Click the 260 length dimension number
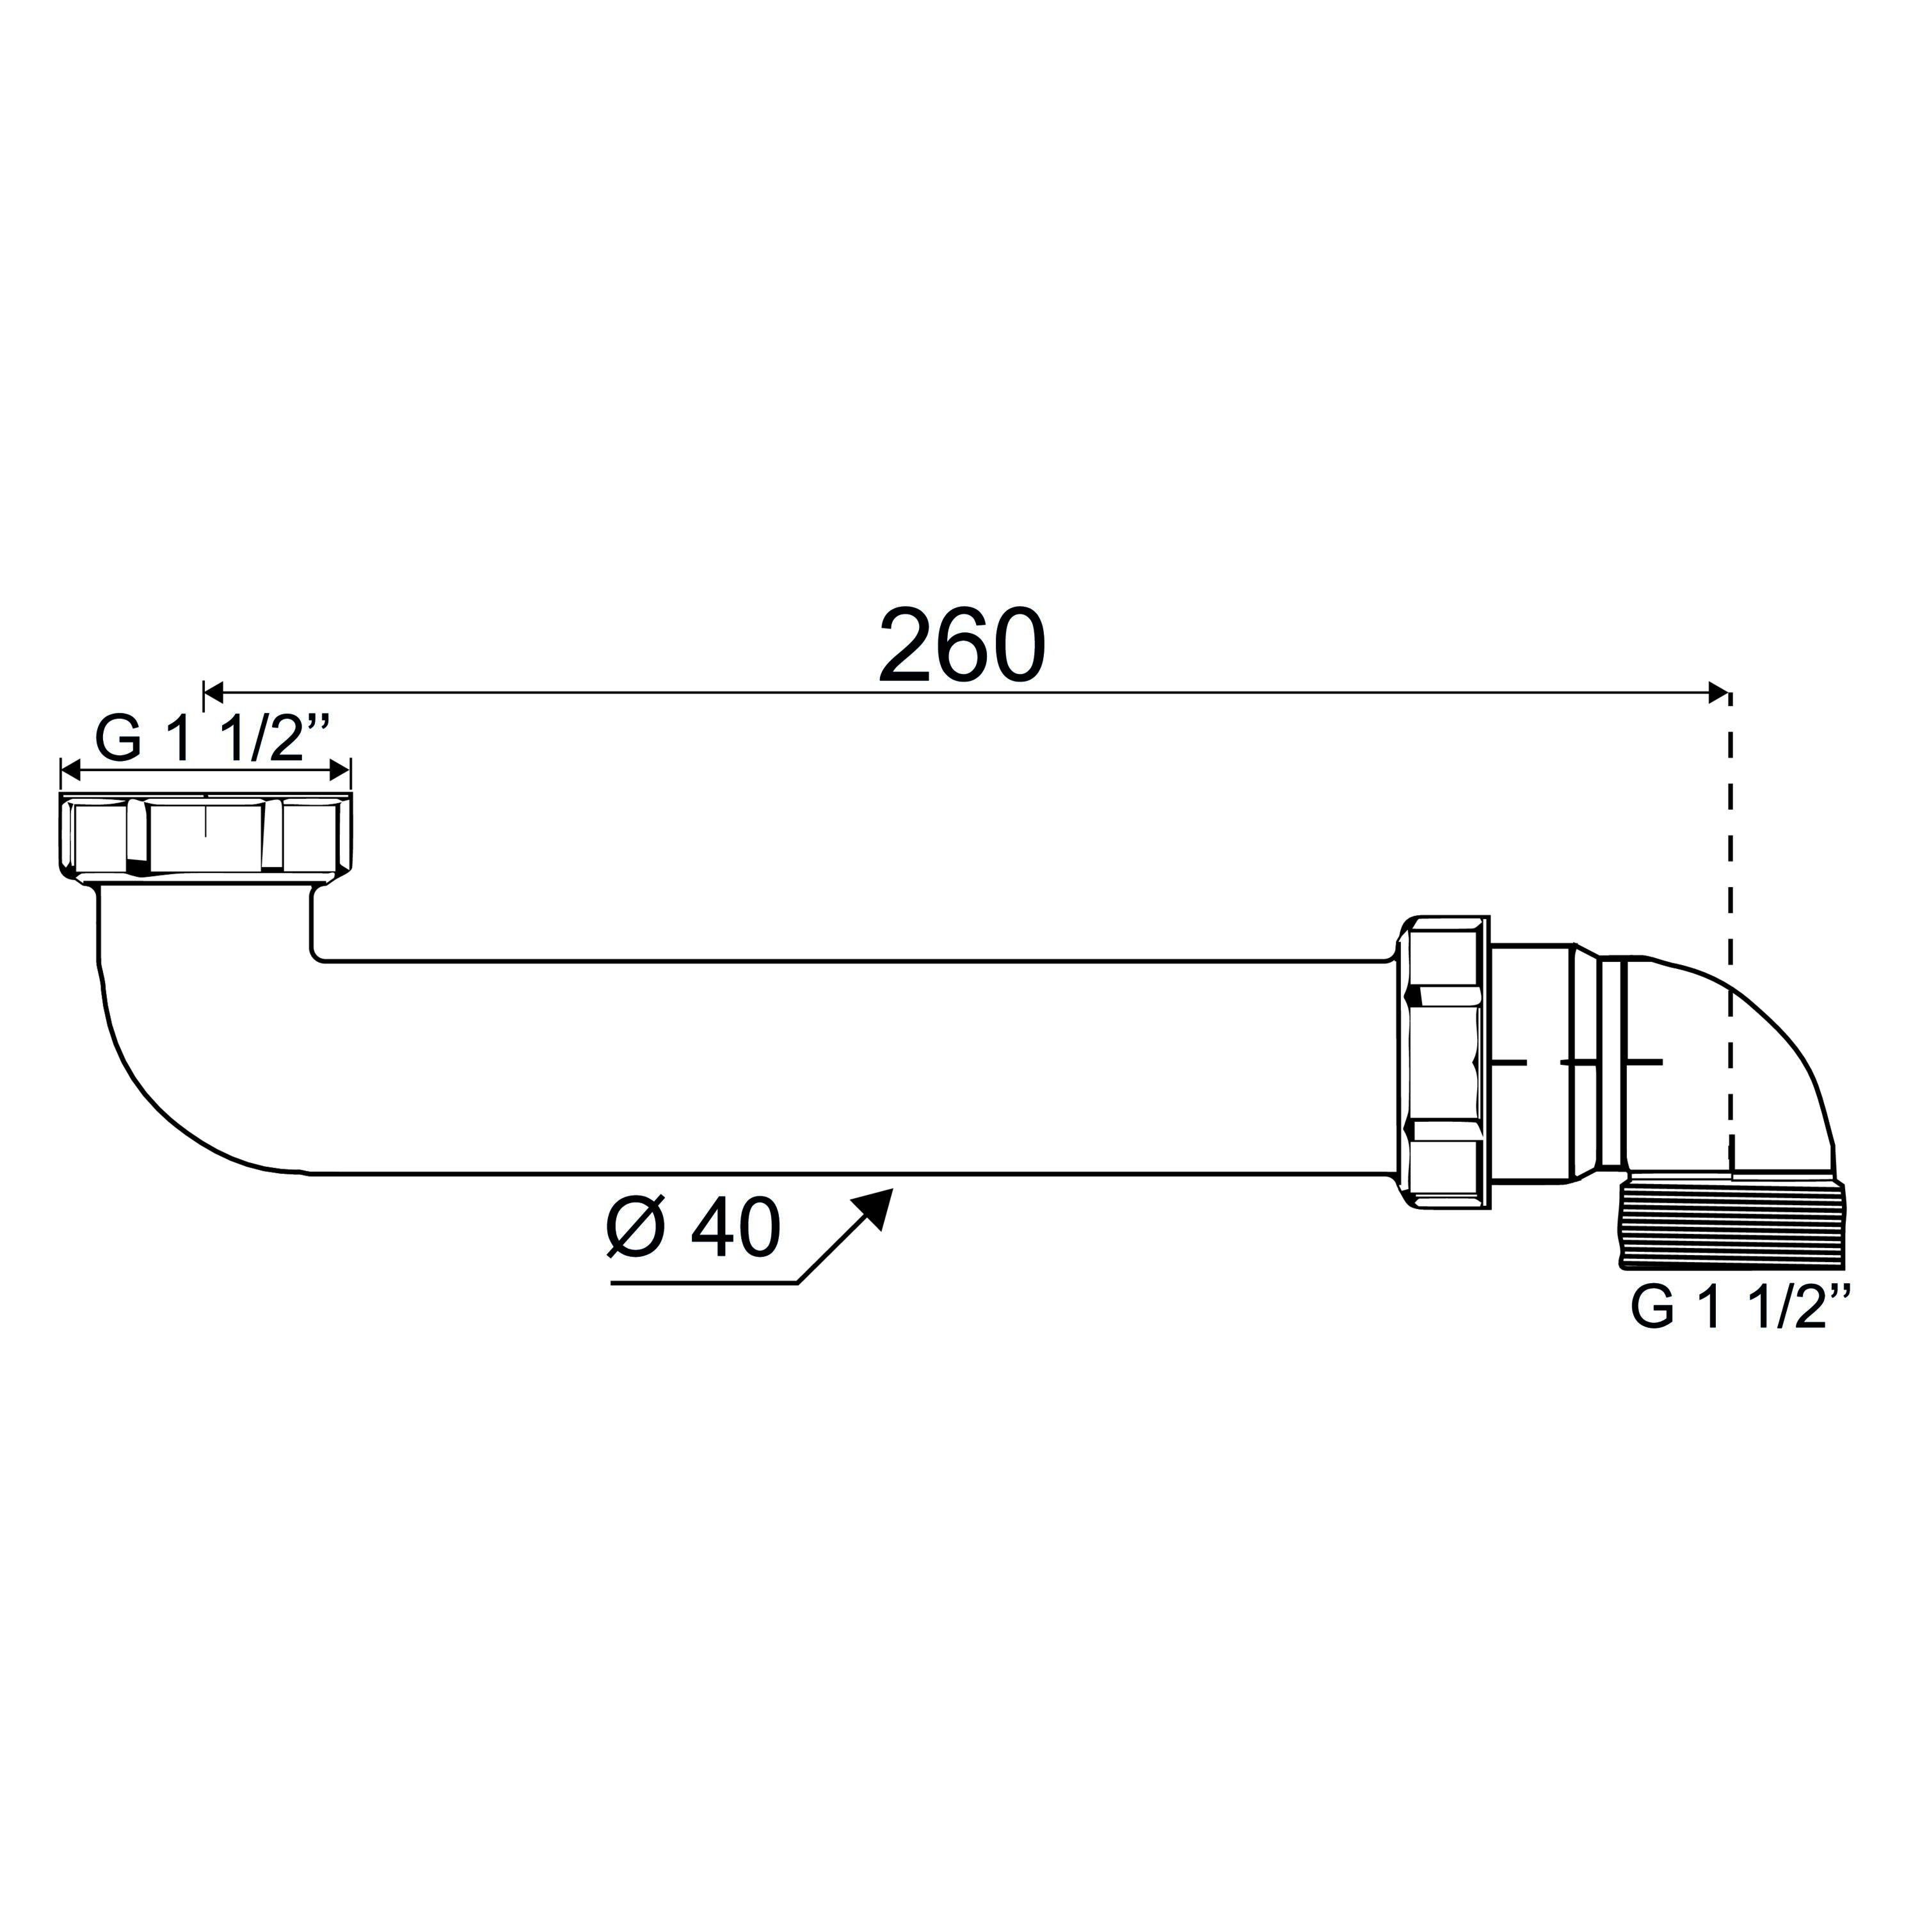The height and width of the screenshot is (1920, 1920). pyautogui.click(x=962, y=646)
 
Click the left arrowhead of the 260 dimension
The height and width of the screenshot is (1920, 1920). pyautogui.click(x=214, y=692)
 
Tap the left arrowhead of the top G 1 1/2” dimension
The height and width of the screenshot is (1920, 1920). pyautogui.click(x=70, y=770)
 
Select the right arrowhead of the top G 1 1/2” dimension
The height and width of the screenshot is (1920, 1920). pyautogui.click(x=340, y=770)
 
